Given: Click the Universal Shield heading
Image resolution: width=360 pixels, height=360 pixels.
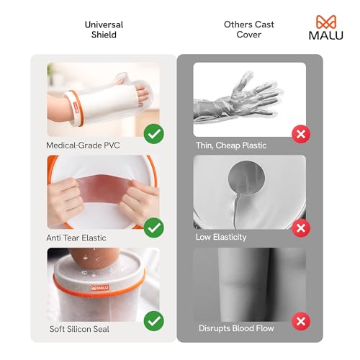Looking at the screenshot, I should click(104, 30).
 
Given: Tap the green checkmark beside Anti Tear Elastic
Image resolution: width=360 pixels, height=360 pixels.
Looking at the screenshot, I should click(153, 228).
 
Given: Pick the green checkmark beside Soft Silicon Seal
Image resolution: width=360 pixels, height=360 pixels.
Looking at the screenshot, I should click(153, 320).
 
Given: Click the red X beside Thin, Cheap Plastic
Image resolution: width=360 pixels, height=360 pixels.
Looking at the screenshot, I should click(302, 133).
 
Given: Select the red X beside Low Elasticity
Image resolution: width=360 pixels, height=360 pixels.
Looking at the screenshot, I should click(302, 228).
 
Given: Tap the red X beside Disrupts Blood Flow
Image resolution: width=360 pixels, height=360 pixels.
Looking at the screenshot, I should click(302, 320).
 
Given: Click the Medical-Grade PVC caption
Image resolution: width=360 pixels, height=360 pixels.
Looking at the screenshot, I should click(83, 145).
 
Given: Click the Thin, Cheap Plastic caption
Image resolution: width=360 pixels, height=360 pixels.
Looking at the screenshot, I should click(231, 145).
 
